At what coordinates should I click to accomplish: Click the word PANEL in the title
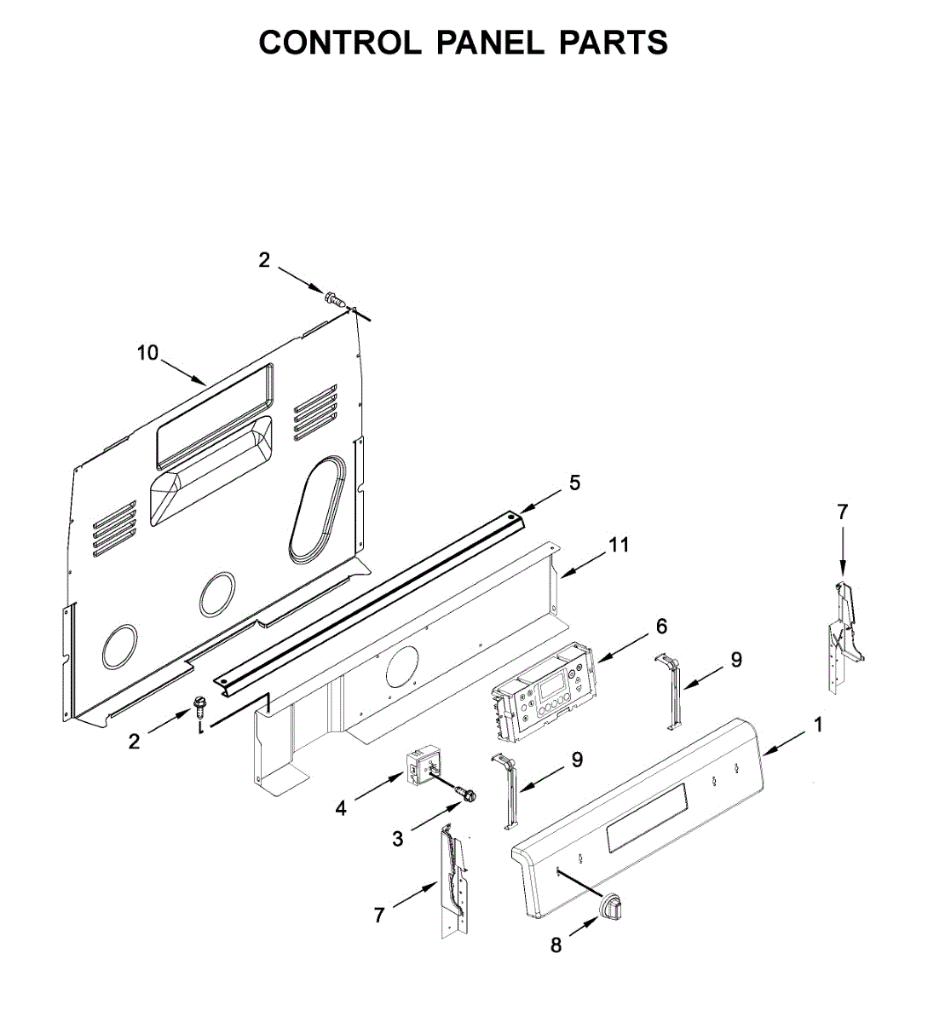tap(490, 43)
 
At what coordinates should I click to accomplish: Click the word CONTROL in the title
tap(340, 43)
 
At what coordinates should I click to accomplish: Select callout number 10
tap(148, 352)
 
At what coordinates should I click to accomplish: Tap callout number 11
tap(620, 545)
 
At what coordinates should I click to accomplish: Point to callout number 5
tap(574, 483)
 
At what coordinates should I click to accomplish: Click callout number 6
tap(661, 627)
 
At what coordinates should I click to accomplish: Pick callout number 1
tap(818, 725)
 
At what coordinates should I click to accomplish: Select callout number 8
tap(556, 945)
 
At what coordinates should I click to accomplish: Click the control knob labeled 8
tap(610, 908)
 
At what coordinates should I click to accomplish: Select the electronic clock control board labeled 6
tap(543, 693)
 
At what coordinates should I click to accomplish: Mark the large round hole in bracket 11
tap(402, 666)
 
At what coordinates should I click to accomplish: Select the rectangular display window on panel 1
tap(647, 826)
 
